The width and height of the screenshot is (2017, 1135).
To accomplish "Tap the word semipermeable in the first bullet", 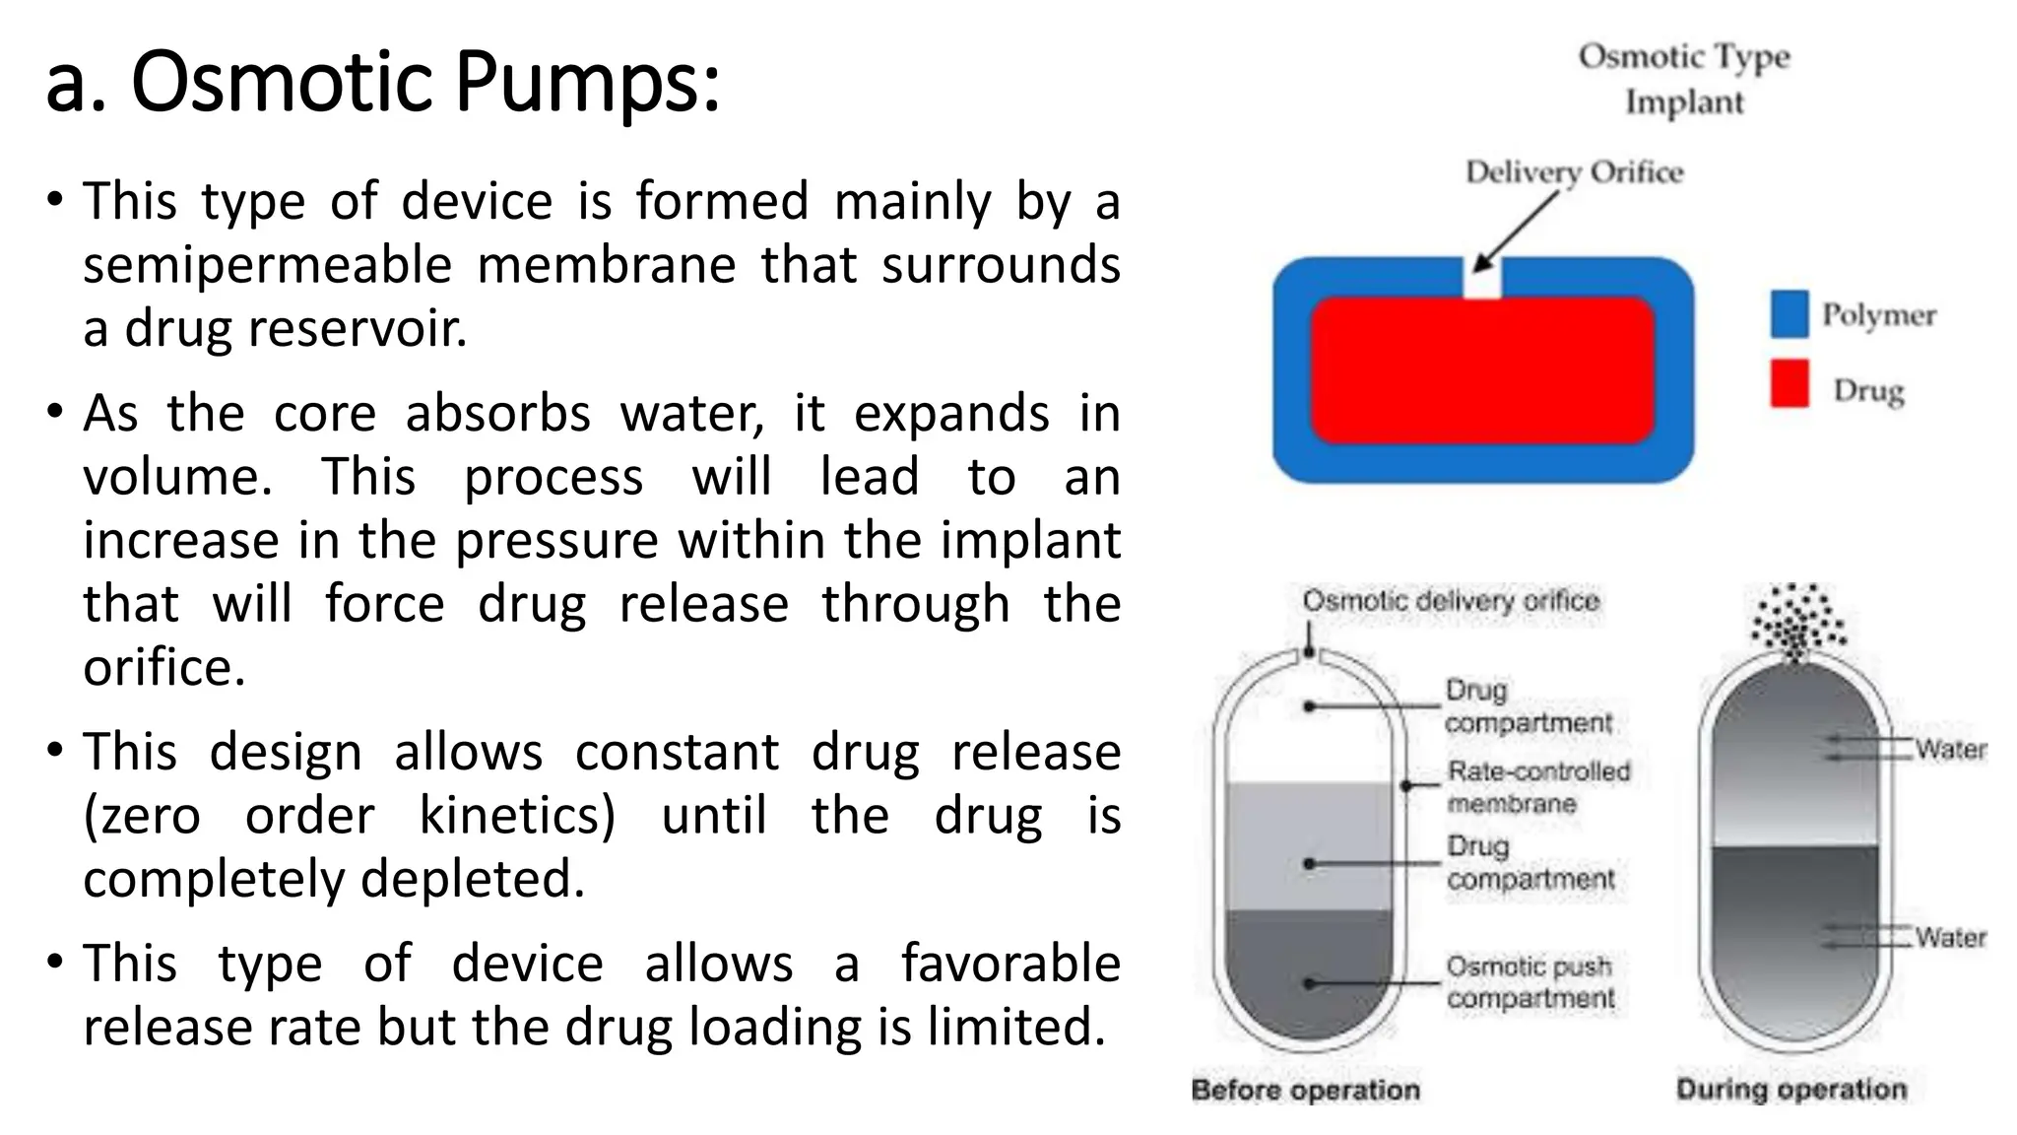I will click(267, 266).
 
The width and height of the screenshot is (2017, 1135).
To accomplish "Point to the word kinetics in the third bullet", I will click(517, 816).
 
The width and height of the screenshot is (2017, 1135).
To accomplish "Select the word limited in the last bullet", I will click(1016, 1027).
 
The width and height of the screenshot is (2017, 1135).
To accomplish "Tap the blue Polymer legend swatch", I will click(1789, 314).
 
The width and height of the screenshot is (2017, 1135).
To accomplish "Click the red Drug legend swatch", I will click(1789, 383).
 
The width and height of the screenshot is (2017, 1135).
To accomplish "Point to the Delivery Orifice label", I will click(1574, 172).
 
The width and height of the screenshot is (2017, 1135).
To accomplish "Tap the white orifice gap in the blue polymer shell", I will click(1482, 278).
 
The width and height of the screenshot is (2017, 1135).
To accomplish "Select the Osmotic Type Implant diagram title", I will click(1683, 79).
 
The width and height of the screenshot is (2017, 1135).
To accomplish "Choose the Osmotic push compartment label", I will click(1529, 982).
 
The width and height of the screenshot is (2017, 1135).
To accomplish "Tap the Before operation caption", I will click(1305, 1090).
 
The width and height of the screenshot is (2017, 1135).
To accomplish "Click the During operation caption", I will click(1791, 1089).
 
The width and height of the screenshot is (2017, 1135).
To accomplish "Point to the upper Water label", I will click(1950, 750).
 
